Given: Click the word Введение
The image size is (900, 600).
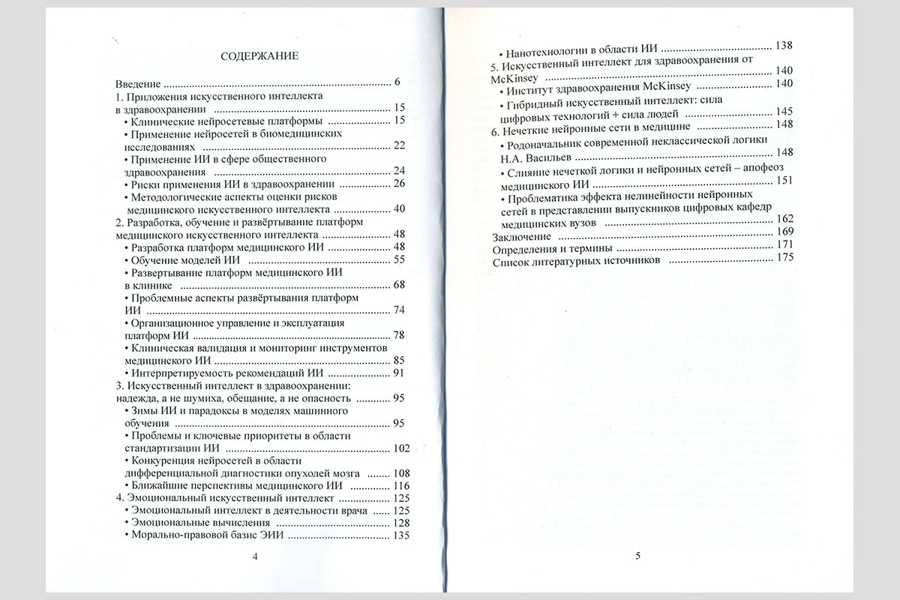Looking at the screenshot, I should tap(139, 82).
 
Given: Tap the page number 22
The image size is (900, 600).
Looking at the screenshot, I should tap(399, 146).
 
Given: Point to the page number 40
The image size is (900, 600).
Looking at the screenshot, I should tap(399, 209).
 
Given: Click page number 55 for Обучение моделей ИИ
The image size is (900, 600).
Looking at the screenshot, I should tap(399, 259).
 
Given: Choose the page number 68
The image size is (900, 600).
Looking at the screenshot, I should tap(399, 285).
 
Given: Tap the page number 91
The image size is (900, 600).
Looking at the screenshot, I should tap(399, 373).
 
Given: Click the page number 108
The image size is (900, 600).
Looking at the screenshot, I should tap(401, 473).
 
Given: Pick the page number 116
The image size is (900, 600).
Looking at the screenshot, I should tap(401, 486).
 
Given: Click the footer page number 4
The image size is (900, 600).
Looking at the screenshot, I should tap(255, 556).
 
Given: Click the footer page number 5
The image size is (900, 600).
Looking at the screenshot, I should tap(637, 556).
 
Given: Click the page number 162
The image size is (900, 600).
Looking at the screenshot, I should tap(783, 218).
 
